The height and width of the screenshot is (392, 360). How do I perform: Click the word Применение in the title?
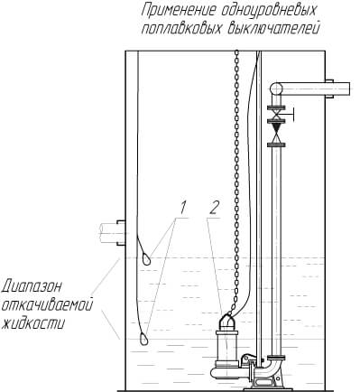point(179,11)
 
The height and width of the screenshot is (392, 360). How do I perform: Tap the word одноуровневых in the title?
point(269,11)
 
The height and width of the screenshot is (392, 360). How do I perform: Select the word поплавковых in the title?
point(181,29)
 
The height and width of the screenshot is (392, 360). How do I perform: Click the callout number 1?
point(183,208)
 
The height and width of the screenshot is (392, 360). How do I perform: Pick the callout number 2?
point(214,208)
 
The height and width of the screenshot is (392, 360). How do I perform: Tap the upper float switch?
point(145,259)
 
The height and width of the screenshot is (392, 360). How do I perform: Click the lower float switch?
point(143,339)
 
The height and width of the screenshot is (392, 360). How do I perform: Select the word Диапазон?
point(32,286)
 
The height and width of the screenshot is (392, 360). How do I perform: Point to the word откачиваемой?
point(47,305)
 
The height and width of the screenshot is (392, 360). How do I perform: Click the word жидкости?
point(32,323)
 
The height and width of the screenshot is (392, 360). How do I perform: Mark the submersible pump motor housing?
point(226,345)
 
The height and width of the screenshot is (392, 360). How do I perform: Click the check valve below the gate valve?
point(276,133)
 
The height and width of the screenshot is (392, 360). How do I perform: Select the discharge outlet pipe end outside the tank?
point(342,89)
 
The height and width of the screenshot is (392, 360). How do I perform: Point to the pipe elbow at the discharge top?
point(276,89)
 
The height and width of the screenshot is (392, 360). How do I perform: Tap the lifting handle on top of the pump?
point(227,321)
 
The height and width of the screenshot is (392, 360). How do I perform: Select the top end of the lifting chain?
point(237,51)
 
